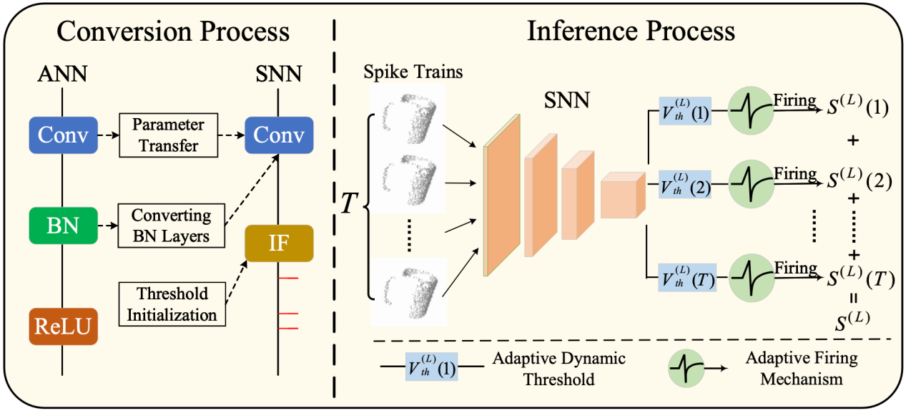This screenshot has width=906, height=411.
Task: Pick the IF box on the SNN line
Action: pyautogui.click(x=279, y=243)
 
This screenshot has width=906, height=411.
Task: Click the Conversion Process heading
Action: pyautogui.click(x=173, y=32)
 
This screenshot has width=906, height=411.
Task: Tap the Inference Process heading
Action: pyautogui.click(x=631, y=32)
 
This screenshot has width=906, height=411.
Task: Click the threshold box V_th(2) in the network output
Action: pyautogui.click(x=684, y=185)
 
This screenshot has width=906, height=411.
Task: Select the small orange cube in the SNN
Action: pyautogui.click(x=622, y=195)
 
